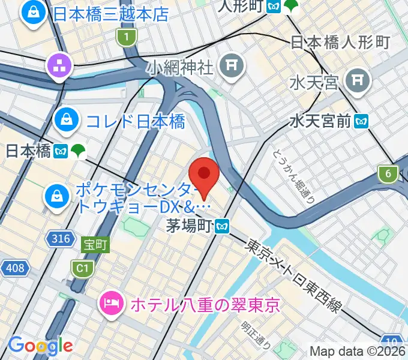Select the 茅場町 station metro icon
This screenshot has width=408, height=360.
[223, 227]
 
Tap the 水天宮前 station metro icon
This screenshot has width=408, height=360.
[362, 121]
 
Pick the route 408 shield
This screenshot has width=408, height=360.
[16, 267]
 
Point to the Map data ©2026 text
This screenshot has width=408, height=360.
[358, 351]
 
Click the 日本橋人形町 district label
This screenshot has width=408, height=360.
[340, 42]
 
